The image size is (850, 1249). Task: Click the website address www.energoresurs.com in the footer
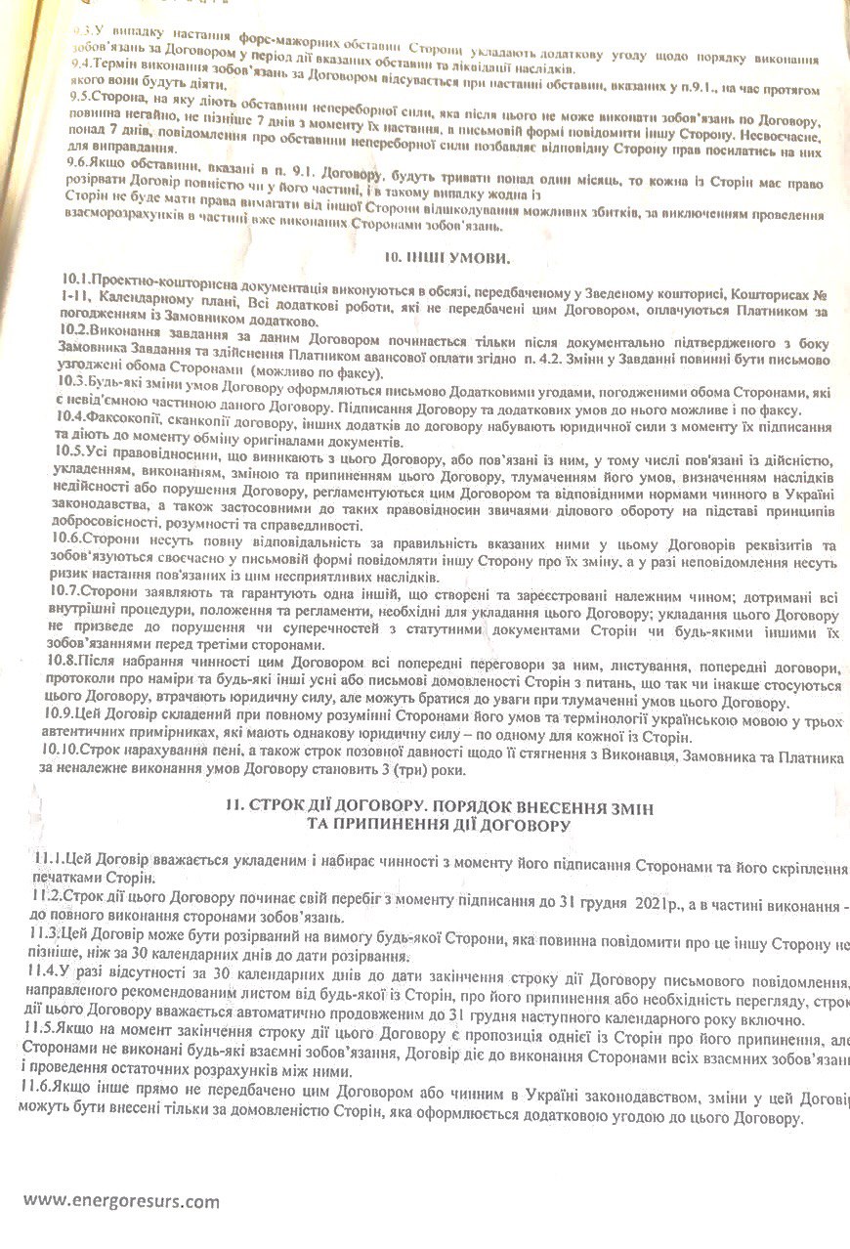pyautogui.click(x=121, y=1201)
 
